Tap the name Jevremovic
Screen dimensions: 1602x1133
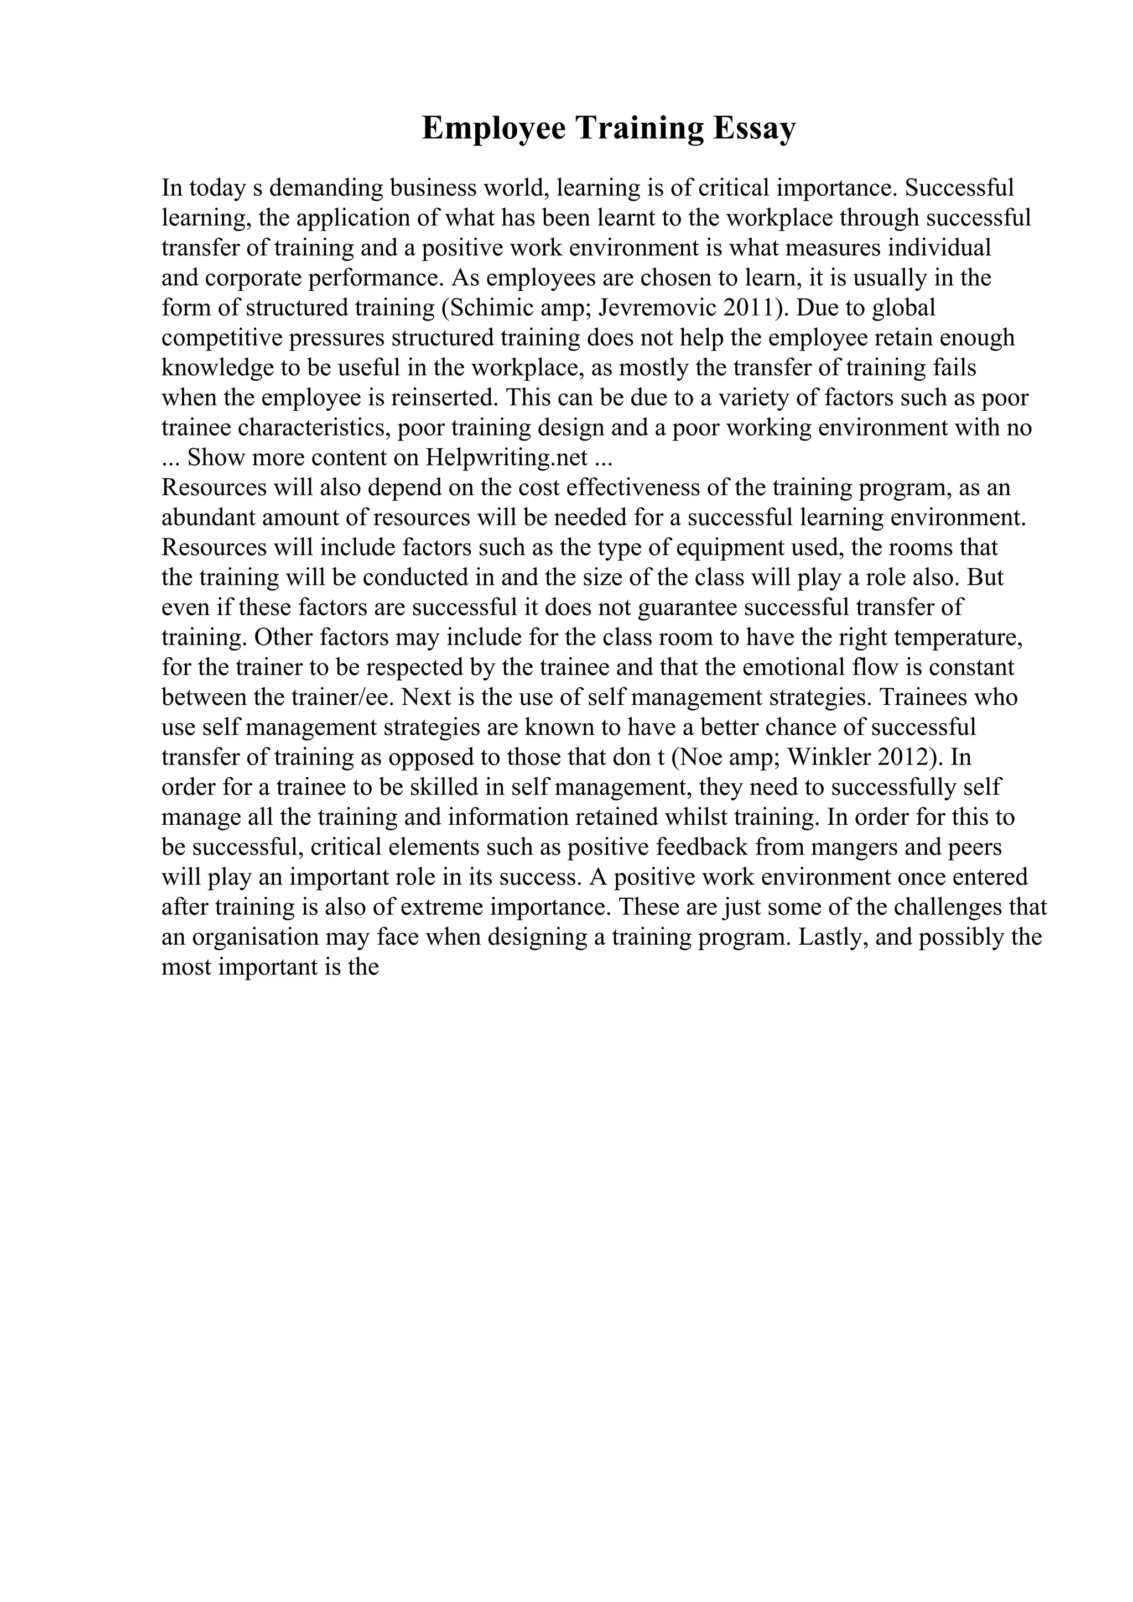657,308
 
